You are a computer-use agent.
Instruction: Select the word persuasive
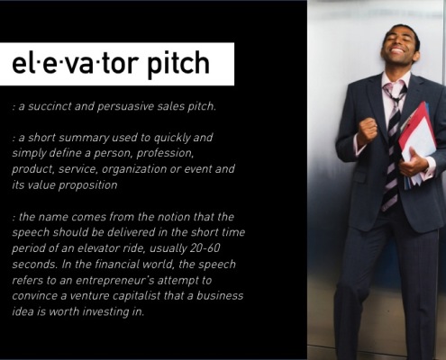click(x=125, y=107)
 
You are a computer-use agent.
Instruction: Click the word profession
click(x=165, y=154)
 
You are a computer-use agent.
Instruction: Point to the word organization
click(x=134, y=169)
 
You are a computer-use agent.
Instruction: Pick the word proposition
click(x=87, y=185)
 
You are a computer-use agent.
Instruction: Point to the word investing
click(x=105, y=312)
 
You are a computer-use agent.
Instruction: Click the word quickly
click(x=172, y=138)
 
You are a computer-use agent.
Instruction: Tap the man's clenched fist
click(x=367, y=130)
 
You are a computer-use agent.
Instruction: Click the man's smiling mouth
click(x=397, y=49)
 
